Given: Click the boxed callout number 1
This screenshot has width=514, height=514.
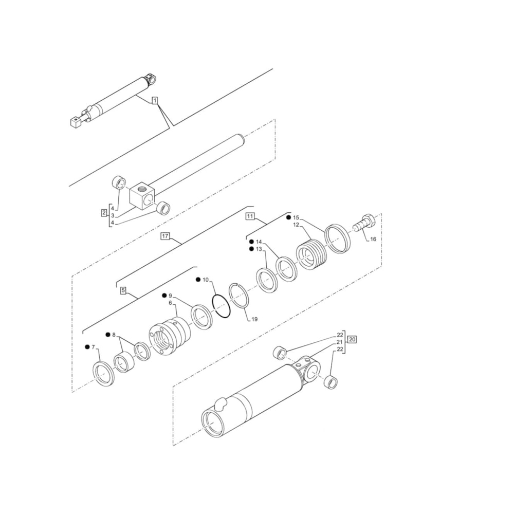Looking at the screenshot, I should pos(155,100).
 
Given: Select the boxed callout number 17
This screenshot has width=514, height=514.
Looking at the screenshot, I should pos(165,236).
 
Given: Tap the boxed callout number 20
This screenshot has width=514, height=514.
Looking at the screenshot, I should pos(352,339).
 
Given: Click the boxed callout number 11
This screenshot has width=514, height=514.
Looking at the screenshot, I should pos(250,216).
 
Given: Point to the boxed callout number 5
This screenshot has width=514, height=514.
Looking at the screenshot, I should pos(123,291).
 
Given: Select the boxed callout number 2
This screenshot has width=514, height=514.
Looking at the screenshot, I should pos(104,212).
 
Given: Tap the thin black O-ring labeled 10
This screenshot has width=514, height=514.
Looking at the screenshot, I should pos(220,307).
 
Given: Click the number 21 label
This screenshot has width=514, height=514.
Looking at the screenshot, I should pos(340,342).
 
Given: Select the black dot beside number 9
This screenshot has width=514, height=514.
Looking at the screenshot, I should pos(164,296).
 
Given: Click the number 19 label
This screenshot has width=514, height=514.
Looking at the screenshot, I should pos(254,319).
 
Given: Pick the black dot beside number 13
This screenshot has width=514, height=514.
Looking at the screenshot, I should pos(251,249).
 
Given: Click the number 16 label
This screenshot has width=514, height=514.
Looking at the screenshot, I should pos(373,240).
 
